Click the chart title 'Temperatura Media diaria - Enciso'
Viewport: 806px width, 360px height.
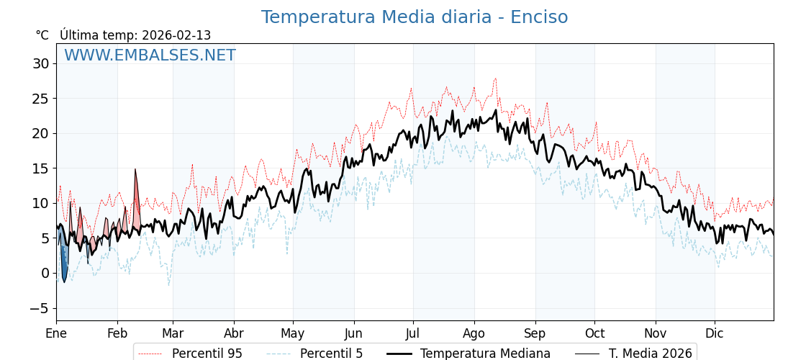414,17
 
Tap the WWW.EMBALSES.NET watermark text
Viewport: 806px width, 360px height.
150,55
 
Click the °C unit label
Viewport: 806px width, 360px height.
42,35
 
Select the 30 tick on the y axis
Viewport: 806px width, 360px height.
40,63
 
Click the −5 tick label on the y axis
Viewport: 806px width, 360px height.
38,308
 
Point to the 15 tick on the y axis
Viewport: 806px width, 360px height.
40,168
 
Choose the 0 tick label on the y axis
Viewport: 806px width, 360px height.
45,273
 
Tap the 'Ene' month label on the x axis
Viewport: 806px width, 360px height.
56,333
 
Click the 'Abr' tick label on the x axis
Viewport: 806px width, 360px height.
234,333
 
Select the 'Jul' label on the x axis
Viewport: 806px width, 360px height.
413,333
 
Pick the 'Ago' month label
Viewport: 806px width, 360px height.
474,333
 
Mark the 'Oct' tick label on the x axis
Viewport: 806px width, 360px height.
594,333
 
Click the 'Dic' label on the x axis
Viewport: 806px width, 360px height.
715,333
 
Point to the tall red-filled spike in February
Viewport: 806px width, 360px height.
135,194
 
